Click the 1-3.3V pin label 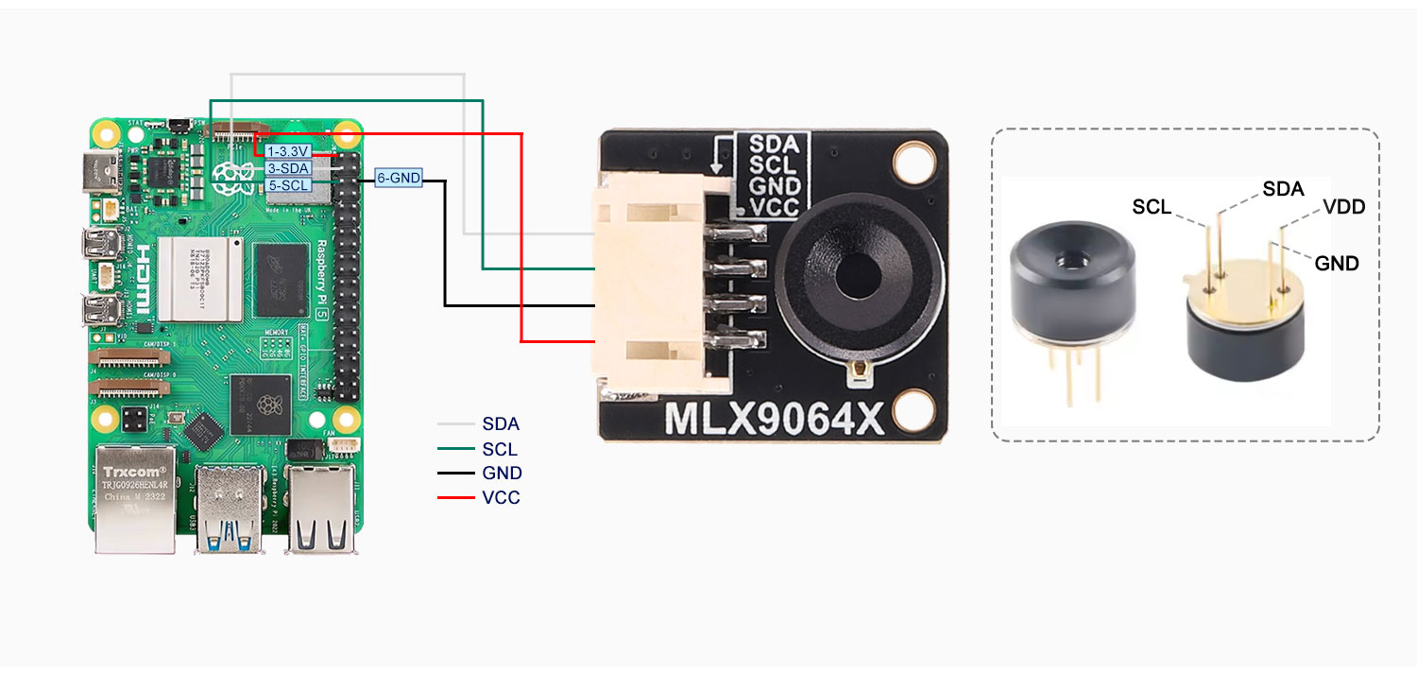(288, 150)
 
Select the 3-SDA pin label (288, 168)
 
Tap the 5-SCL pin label (288, 185)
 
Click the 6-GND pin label (398, 177)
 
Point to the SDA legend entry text (501, 425)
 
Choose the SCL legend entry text (500, 450)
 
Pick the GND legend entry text (502, 474)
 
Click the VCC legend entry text (501, 497)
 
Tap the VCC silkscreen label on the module (774, 206)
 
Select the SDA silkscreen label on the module (774, 145)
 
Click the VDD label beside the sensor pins (1344, 206)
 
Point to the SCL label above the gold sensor (1152, 208)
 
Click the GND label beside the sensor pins (1337, 264)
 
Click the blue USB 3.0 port (228, 510)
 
